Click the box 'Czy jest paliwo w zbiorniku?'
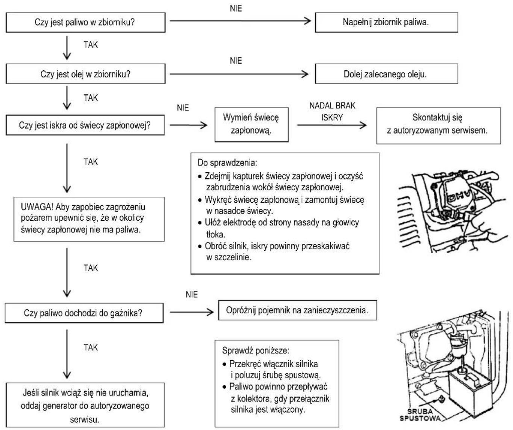(x=86, y=23)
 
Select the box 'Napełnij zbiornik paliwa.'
(x=386, y=23)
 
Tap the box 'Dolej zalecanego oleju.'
(x=386, y=74)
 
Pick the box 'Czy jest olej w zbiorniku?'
(x=86, y=74)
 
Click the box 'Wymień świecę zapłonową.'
(x=251, y=125)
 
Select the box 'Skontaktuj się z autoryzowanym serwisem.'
(x=438, y=125)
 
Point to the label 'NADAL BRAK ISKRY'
(x=332, y=111)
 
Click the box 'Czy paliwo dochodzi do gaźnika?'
(x=84, y=313)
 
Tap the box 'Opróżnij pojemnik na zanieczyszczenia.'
(x=297, y=310)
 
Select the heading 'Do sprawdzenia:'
(x=227, y=163)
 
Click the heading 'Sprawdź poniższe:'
(x=256, y=350)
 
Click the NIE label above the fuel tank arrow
(x=236, y=8)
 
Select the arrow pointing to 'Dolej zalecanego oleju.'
(x=239, y=74)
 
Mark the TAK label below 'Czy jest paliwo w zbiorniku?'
(x=91, y=44)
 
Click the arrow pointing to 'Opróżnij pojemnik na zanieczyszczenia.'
(x=192, y=312)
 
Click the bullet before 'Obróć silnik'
(x=200, y=246)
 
